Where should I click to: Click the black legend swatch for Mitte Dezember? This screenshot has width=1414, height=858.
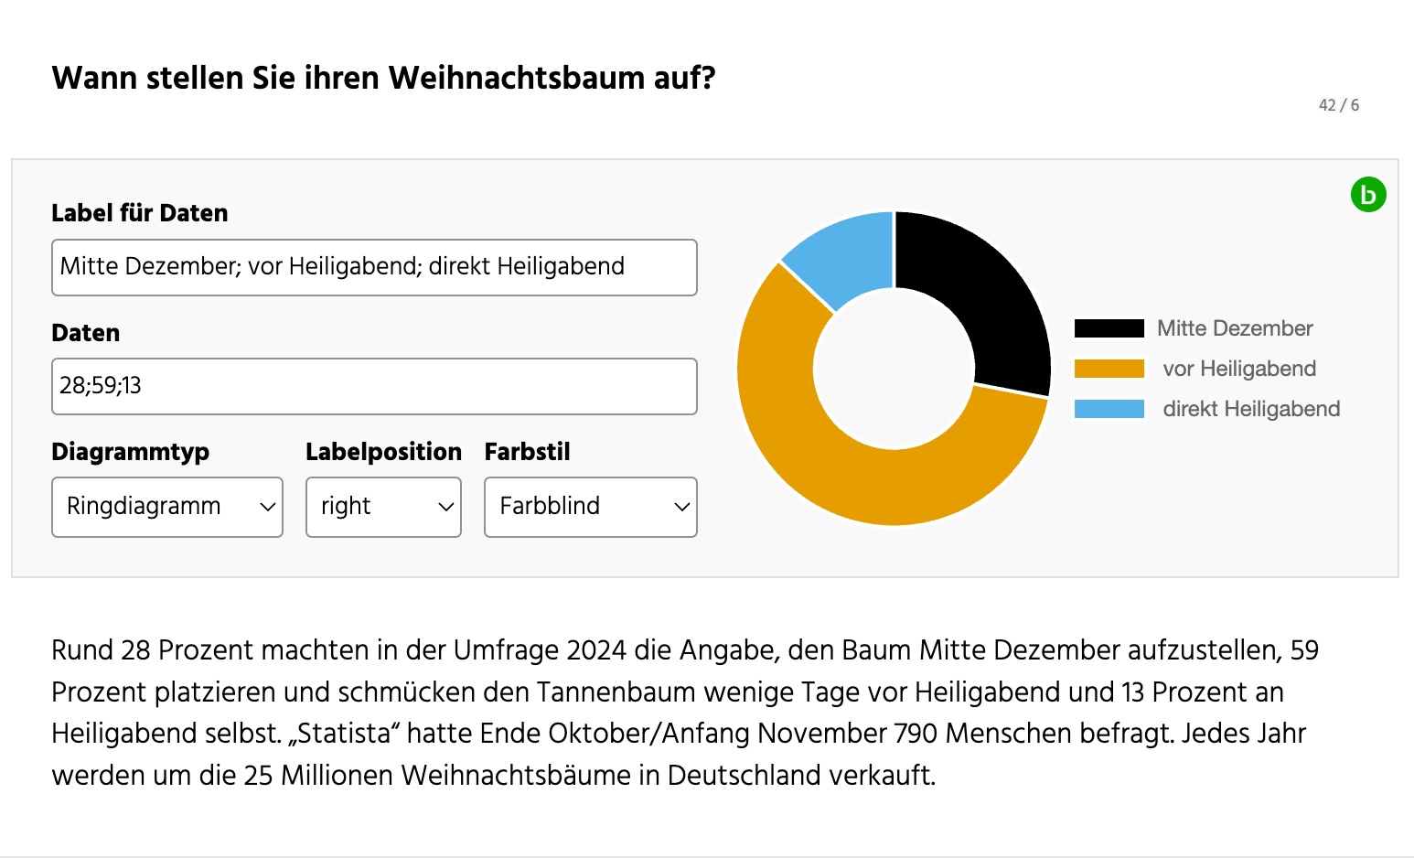pyautogui.click(x=1109, y=328)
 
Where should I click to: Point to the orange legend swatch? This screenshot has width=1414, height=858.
pyautogui.click(x=1109, y=369)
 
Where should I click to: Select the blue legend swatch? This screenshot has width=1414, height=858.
pyautogui.click(x=1109, y=409)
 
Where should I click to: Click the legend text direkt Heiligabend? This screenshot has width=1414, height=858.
pyautogui.click(x=1250, y=409)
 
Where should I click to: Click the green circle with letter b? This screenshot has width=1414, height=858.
pyautogui.click(x=1368, y=195)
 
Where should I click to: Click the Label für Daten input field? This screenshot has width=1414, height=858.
pyautogui.click(x=374, y=267)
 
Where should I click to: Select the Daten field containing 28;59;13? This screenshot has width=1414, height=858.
pyautogui.click(x=374, y=386)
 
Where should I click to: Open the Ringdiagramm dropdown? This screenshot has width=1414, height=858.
pyautogui.click(x=167, y=507)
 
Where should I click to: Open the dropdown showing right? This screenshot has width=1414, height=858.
pyautogui.click(x=383, y=507)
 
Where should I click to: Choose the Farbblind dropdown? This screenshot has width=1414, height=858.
pyautogui.click(x=590, y=507)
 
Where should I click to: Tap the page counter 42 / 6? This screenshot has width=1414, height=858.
pyautogui.click(x=1338, y=105)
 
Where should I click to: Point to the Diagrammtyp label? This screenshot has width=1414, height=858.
pyautogui.click(x=130, y=452)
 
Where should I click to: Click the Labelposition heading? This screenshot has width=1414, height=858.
pyautogui.click(x=383, y=452)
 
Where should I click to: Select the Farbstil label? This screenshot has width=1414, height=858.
pyautogui.click(x=527, y=452)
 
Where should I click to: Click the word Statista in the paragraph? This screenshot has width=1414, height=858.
pyautogui.click(x=348, y=734)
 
